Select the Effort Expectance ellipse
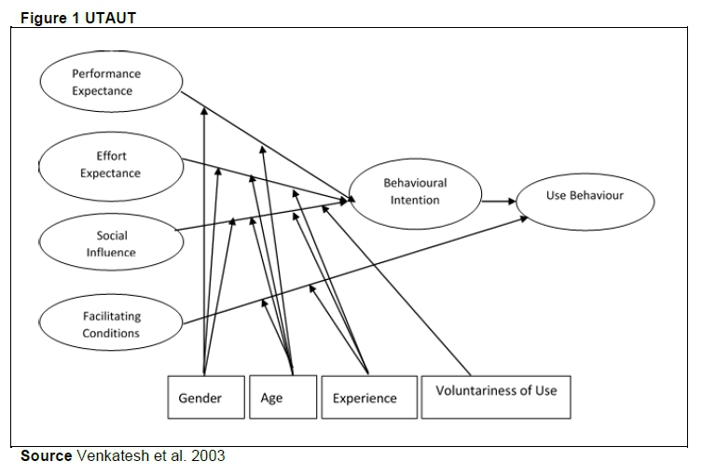coord(111,164)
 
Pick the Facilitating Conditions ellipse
coord(111,325)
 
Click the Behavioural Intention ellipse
coord(415,191)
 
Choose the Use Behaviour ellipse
coord(585,196)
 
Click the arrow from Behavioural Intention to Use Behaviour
coord(499,200)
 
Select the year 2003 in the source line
coord(209,456)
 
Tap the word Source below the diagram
coord(46,456)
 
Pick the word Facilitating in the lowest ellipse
coord(111,317)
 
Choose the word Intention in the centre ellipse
coord(415,200)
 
